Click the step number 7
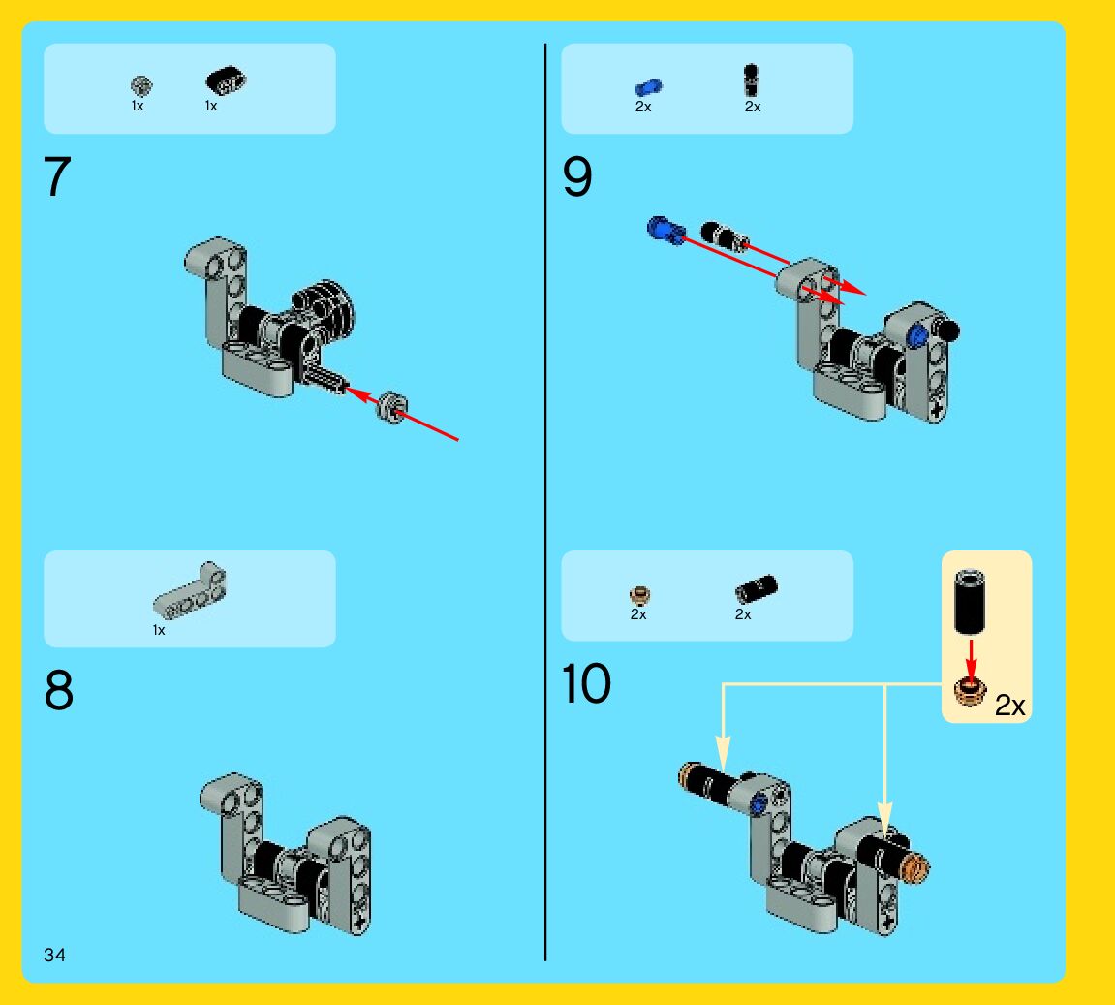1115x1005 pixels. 57,176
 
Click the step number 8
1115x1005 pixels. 58,689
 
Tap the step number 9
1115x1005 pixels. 576,176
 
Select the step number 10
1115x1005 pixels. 586,683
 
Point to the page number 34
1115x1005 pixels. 55,955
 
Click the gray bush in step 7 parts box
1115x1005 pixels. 141,86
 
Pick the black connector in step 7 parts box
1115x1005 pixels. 226,80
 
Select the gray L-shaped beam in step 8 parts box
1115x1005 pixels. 189,591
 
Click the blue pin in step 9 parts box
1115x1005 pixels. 648,87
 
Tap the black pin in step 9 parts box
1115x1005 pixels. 750,79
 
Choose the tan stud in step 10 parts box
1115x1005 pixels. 640,594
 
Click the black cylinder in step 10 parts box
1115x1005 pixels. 756,589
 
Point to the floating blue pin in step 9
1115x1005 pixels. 666,230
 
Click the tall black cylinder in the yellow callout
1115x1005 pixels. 969,601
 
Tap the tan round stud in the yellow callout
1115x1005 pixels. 970,691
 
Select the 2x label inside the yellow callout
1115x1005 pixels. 1009,706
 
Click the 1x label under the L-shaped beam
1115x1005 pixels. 159,630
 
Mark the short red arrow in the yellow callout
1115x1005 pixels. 971,658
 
